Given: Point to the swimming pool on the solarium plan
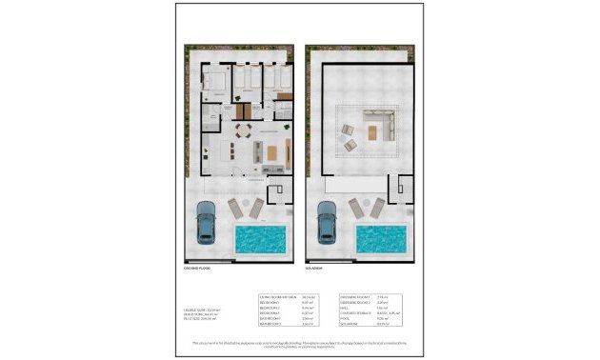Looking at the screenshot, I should (382, 238).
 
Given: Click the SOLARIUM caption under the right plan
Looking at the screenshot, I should (317, 270).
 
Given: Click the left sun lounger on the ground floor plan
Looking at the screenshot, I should (235, 209).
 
